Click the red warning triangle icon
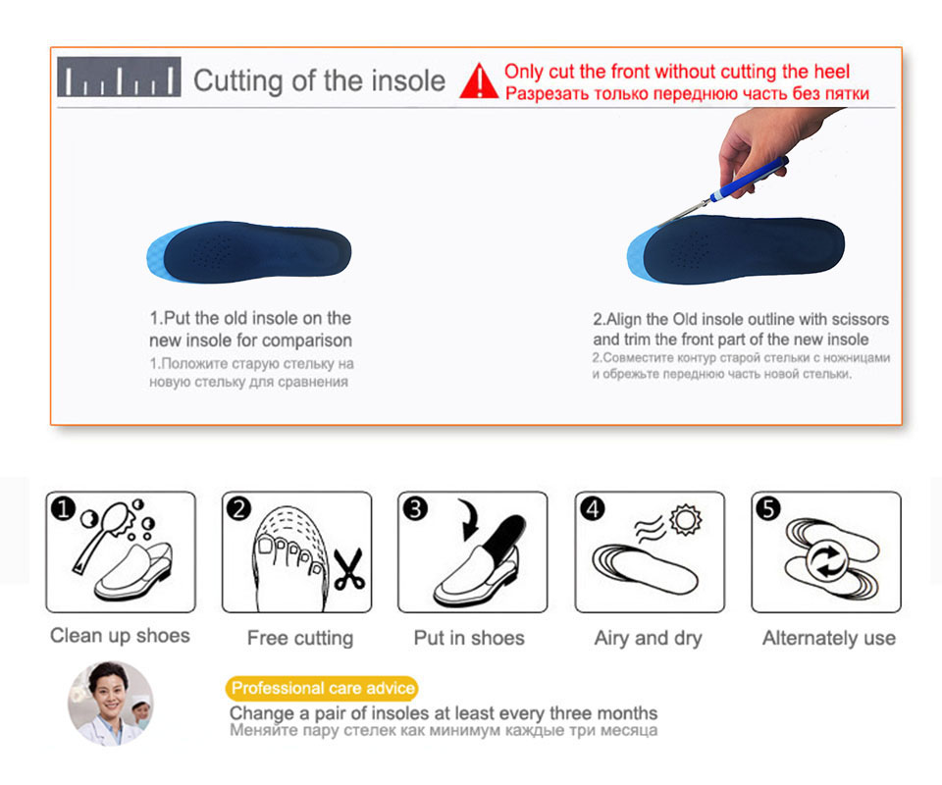[479, 81]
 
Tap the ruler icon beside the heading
[119, 77]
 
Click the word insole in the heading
[407, 80]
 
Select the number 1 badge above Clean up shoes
[63, 508]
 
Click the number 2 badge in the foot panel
[239, 508]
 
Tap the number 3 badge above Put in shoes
[415, 508]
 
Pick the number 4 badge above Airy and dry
[593, 508]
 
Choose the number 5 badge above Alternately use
[768, 508]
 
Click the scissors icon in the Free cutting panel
[348, 569]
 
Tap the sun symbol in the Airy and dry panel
[686, 519]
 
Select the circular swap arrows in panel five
[826, 561]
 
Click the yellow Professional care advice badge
[322, 688]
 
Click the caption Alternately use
[828, 638]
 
